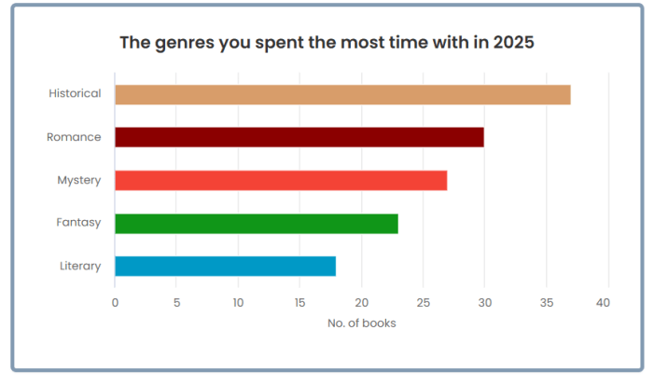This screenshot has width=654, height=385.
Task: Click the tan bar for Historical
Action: pos(342,94)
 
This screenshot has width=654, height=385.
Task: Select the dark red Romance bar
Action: pos(299,137)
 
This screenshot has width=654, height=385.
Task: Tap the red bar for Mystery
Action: pos(281,180)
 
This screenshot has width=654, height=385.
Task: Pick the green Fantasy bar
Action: pos(257,224)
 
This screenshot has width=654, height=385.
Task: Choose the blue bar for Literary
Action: pos(225,266)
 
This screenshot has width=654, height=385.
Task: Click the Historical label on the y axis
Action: pos(75,94)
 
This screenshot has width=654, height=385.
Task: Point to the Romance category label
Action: pos(74,137)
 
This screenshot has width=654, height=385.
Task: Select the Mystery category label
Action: pos(78,180)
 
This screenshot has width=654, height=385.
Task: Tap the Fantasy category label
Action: pos(78,223)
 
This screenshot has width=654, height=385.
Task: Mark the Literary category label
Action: pos(79,266)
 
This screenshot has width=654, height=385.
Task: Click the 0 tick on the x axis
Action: pos(115,302)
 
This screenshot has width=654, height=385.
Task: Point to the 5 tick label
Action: pos(176,302)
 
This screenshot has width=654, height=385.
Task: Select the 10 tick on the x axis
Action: pos(238,302)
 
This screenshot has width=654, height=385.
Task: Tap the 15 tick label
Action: pos(299,302)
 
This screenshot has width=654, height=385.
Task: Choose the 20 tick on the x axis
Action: pos(361,302)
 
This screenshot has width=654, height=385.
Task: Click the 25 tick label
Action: pos(423,302)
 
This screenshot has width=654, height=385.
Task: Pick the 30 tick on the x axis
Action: pos(484,302)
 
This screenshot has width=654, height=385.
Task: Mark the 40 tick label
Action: pos(607,302)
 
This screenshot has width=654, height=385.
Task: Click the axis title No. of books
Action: pos(361,323)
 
